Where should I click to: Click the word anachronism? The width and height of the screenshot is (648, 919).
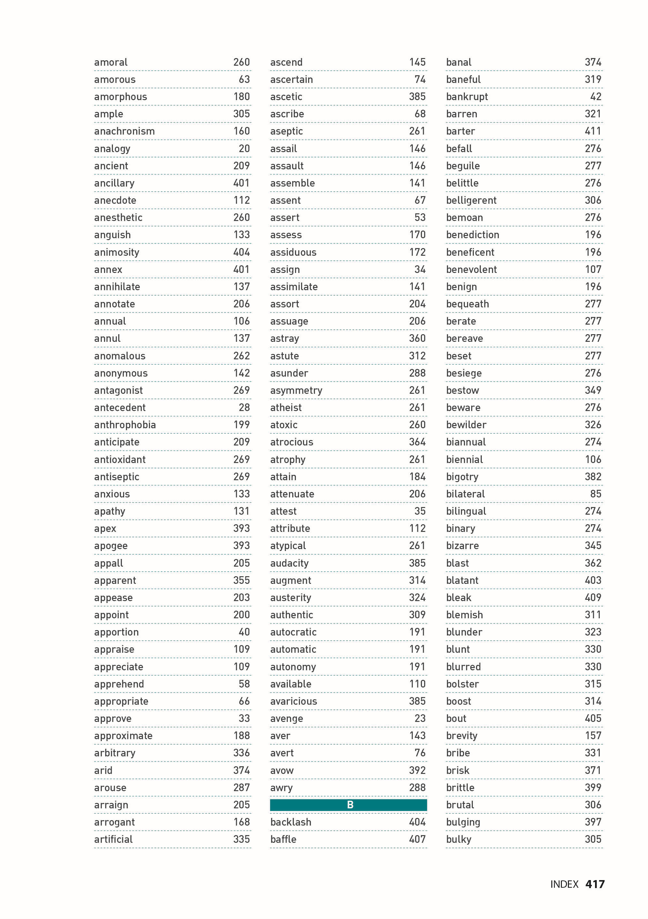click(124, 131)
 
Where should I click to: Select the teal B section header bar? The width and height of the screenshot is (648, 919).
click(348, 805)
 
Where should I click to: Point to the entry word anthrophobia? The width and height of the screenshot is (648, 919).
click(125, 425)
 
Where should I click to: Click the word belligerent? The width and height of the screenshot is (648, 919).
click(471, 200)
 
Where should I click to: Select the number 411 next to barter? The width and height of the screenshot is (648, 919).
click(593, 131)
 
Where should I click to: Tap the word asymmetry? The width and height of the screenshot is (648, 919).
click(296, 390)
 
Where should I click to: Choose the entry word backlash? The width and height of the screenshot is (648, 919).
click(290, 822)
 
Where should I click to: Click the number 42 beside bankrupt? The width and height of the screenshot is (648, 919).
click(596, 97)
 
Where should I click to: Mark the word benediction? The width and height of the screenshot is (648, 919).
click(473, 235)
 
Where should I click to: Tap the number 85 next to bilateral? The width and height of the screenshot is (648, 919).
click(596, 494)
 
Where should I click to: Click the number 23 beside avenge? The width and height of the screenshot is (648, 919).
click(420, 718)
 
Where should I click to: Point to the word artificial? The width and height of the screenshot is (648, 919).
click(113, 839)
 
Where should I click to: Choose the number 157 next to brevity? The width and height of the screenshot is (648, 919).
click(593, 736)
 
